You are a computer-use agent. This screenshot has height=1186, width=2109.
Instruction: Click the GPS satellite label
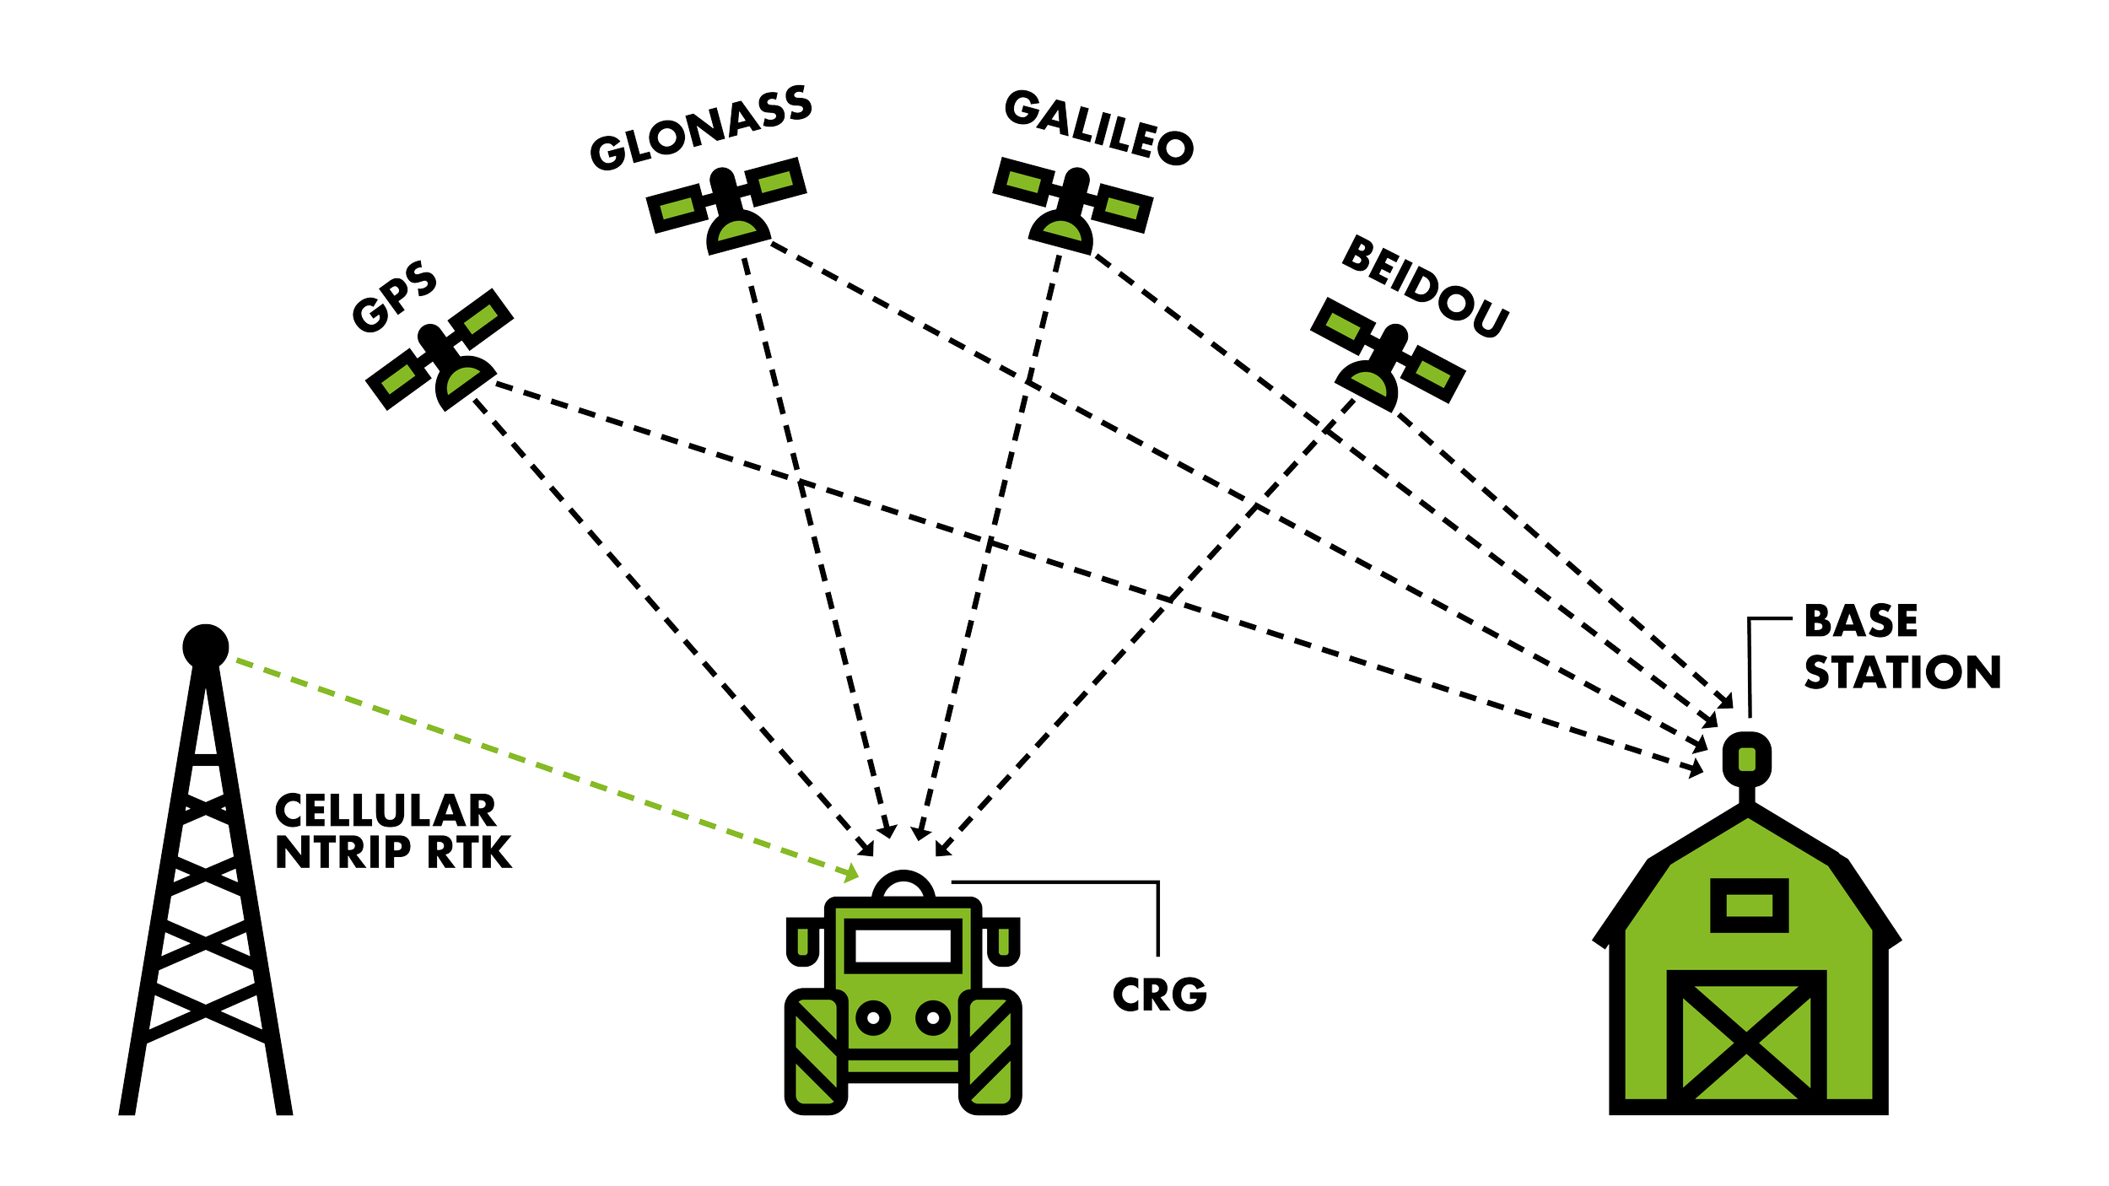tap(394, 298)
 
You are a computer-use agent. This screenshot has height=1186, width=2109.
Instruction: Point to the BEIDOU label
tap(1425, 287)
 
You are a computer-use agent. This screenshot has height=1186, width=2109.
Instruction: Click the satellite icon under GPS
tap(440, 350)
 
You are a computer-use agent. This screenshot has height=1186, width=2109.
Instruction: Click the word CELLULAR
tap(386, 811)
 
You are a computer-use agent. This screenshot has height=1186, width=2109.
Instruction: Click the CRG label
tap(1159, 995)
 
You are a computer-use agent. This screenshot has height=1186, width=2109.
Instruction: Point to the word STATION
tap(1902, 672)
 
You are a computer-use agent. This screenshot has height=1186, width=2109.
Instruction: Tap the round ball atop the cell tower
tap(206, 646)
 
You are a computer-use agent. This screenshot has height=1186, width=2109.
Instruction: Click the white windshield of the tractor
tap(903, 946)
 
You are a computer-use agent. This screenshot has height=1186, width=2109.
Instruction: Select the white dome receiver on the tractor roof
tap(903, 889)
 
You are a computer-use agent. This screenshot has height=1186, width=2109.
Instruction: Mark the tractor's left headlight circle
tap(873, 1018)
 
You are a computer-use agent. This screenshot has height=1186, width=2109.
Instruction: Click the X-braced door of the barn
tap(1747, 1043)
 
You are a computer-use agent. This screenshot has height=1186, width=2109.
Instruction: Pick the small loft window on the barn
tap(1749, 906)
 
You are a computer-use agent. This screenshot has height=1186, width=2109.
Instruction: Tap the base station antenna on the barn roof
tap(1747, 758)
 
